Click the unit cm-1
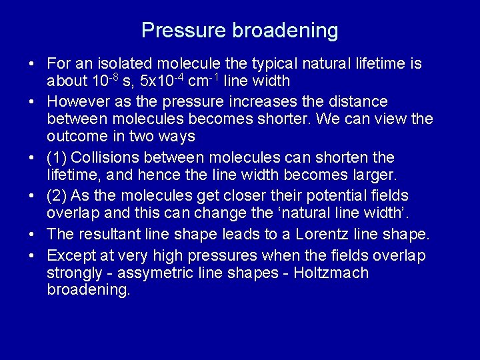[x=204, y=81]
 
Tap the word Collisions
[x=103, y=158]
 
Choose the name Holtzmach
[x=330, y=273]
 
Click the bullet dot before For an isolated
[x=31, y=65]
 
